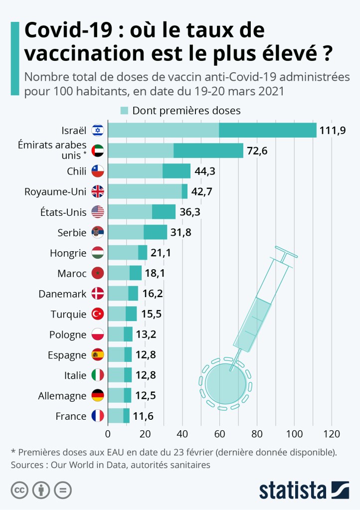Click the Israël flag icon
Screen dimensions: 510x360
[98, 131]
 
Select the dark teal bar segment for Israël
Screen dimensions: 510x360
[268, 131]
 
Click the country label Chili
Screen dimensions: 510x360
[76, 171]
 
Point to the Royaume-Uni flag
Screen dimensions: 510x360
[98, 192]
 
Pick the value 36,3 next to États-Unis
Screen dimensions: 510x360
[190, 212]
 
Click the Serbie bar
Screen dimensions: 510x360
[137, 232]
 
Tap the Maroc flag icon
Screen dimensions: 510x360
[98, 273]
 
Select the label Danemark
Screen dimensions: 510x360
[62, 294]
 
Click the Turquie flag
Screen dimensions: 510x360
[98, 314]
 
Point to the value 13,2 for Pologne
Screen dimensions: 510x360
[147, 335]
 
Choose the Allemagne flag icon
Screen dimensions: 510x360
[98, 396]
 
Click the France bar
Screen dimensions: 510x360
[119, 416]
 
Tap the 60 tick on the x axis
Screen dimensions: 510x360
[220, 433]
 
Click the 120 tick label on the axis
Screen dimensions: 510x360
[332, 433]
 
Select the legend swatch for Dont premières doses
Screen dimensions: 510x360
[124, 111]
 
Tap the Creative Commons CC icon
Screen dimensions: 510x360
[19, 490]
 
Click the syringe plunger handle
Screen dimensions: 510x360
[288, 255]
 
